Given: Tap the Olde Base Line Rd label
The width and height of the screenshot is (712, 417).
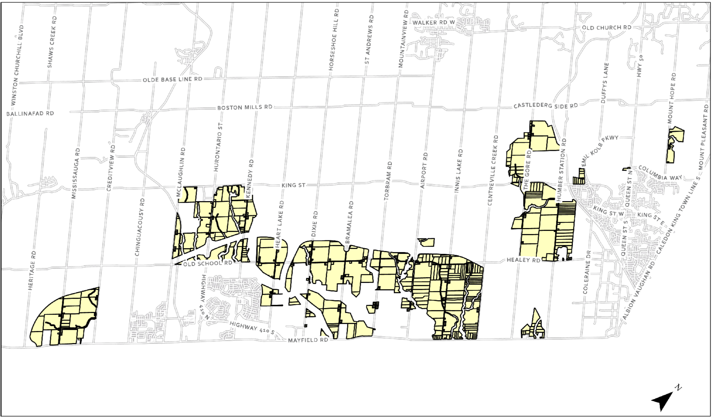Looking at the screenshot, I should click(172, 79).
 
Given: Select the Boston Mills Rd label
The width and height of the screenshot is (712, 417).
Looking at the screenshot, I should click(244, 107).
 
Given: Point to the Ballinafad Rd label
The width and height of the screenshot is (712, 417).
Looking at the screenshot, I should click(30, 114).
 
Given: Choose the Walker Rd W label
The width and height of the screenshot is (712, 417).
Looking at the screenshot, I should click(434, 22).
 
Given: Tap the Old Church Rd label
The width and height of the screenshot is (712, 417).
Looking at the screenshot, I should click(607, 27).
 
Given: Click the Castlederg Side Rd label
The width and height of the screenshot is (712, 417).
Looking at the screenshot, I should click(545, 105).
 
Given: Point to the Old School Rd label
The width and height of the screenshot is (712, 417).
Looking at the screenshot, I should click(208, 263).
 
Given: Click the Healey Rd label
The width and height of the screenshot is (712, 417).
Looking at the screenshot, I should click(523, 260).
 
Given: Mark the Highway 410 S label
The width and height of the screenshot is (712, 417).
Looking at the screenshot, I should click(252, 328).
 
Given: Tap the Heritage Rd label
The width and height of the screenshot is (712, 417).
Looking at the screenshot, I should click(32, 271).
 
